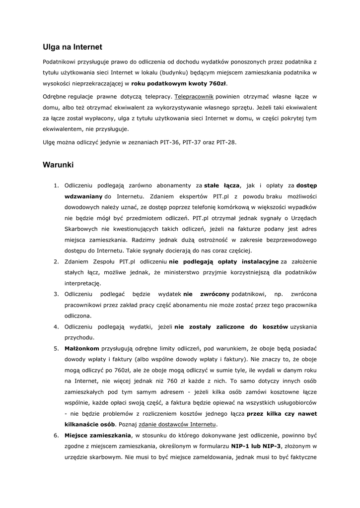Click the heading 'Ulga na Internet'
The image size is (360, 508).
tap(72, 47)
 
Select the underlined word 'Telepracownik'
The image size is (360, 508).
tap(194, 96)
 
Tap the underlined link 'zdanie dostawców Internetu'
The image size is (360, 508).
tap(177, 425)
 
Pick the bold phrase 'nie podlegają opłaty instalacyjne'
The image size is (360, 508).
tap(224, 261)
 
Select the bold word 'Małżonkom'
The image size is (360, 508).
tap(82, 349)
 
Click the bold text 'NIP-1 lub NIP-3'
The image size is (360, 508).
tap(258, 446)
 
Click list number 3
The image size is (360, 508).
tap(56, 294)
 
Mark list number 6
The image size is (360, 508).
tap(56, 436)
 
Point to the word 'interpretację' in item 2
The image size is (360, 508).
tap(83, 283)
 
